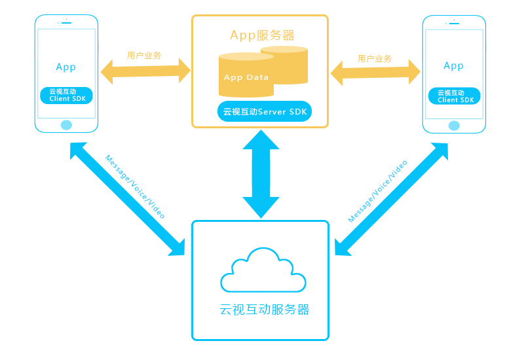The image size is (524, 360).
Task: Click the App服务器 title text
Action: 262,35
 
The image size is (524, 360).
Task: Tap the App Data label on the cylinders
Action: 246,77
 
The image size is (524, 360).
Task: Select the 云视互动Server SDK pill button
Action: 265,112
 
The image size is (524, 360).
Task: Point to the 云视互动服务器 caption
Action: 265,310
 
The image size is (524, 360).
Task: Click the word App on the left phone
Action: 66,67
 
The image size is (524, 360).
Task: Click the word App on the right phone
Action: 454,65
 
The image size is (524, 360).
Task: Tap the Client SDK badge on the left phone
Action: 66,96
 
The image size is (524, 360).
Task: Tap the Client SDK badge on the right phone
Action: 455,96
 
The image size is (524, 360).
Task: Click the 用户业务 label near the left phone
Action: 144,56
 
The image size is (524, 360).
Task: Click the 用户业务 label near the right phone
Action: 375,59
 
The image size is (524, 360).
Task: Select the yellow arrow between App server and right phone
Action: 375,73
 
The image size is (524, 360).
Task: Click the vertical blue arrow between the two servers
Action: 261,174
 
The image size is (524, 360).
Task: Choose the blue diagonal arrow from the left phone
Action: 127,199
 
